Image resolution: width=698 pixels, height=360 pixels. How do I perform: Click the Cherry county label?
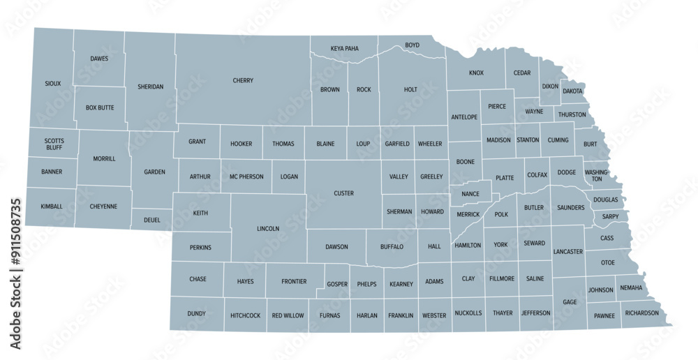click(x=243, y=81)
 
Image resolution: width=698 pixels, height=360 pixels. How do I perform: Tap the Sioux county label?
click(x=52, y=84)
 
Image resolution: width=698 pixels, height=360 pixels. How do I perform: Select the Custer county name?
click(x=343, y=193)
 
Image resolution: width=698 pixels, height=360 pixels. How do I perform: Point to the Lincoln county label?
click(x=268, y=229)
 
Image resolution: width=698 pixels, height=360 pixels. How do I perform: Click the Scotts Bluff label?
click(x=54, y=144)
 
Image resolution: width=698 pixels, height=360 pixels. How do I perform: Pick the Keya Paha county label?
click(x=344, y=49)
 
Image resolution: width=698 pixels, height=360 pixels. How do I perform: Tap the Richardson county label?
click(x=641, y=313)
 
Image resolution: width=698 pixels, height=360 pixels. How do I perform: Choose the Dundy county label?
click(x=196, y=314)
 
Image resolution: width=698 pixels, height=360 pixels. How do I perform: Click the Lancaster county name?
click(x=567, y=252)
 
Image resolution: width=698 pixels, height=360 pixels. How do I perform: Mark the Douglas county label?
click(x=606, y=200)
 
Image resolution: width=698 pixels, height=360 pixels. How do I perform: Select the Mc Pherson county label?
click(x=246, y=177)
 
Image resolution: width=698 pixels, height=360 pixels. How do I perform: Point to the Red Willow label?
click(x=288, y=316)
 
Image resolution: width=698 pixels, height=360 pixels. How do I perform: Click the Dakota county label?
click(x=572, y=91)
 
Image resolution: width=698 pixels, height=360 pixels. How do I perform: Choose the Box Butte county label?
click(x=99, y=108)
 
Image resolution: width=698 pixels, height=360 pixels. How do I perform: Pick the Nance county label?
click(x=470, y=193)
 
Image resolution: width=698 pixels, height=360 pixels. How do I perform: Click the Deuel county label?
click(x=152, y=220)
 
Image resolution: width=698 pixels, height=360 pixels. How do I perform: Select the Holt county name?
click(x=410, y=90)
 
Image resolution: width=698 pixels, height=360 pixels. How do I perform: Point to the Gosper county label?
click(x=336, y=285)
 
